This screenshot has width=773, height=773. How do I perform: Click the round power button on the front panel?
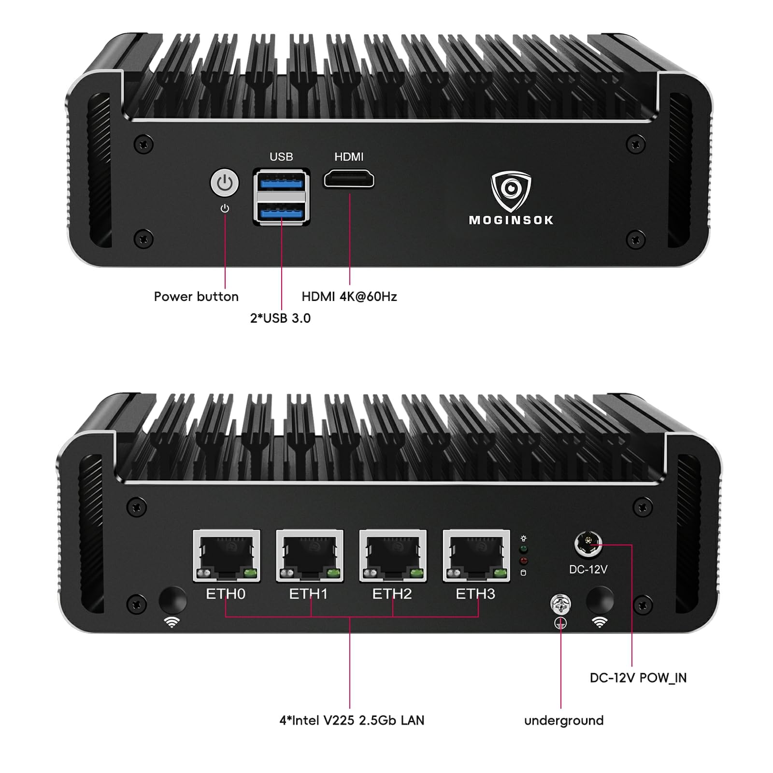point(225,183)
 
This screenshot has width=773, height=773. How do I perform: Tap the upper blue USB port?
point(281,182)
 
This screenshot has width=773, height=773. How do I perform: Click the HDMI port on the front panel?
point(349,179)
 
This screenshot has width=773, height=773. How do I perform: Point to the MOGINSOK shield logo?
point(511,190)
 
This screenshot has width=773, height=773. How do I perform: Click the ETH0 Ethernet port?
point(226,556)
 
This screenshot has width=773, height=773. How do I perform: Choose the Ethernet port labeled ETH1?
point(310,556)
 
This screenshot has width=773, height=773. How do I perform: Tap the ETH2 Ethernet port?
point(393,556)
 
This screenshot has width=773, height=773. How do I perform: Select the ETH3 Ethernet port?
point(476,556)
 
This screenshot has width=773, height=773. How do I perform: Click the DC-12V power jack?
point(588,544)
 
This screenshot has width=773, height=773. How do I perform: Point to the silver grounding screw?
point(560,604)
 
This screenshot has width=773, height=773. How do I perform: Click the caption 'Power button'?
point(196,297)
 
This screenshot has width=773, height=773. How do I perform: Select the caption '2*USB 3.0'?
point(280,318)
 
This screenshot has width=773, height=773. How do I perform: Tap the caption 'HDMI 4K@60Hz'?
point(349,297)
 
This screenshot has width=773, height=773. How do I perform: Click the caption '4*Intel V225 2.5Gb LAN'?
point(352,720)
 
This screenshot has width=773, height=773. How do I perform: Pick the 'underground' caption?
point(564,720)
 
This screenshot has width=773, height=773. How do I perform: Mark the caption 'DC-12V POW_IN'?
point(638,678)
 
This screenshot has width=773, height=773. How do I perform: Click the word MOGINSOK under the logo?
point(511,220)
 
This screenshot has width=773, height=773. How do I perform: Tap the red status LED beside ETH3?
point(523,561)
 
